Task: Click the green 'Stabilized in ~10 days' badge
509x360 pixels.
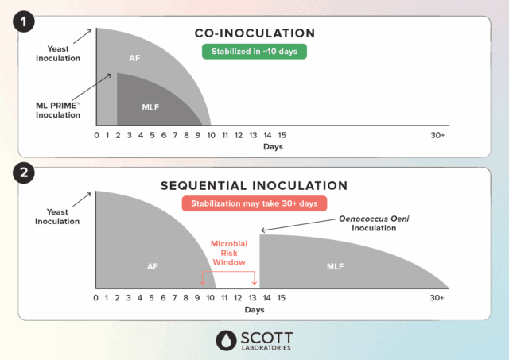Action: [254, 52]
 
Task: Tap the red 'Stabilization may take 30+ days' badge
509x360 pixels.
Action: [254, 203]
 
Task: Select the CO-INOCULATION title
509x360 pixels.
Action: [254, 33]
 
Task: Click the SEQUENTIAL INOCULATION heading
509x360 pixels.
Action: [254, 185]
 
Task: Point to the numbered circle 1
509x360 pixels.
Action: [24, 21]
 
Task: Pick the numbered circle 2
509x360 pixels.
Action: [24, 172]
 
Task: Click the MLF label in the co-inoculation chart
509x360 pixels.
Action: [150, 107]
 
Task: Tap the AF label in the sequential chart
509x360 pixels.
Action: [153, 266]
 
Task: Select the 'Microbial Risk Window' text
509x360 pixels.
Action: [229, 253]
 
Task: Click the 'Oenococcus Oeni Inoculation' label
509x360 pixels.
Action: [374, 223]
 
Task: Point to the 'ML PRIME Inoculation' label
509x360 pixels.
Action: [58, 110]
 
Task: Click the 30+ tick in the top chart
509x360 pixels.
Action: [437, 135]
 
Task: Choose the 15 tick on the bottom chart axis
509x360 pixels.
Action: [281, 298]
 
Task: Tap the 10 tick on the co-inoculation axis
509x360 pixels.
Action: [211, 135]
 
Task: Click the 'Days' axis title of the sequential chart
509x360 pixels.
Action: [254, 310]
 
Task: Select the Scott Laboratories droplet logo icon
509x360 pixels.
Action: [226, 341]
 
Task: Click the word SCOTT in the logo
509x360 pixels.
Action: [266, 338]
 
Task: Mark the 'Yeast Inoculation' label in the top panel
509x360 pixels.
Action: [58, 53]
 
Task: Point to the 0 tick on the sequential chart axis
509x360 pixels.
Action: [95, 298]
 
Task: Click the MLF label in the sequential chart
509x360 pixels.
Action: [336, 266]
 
